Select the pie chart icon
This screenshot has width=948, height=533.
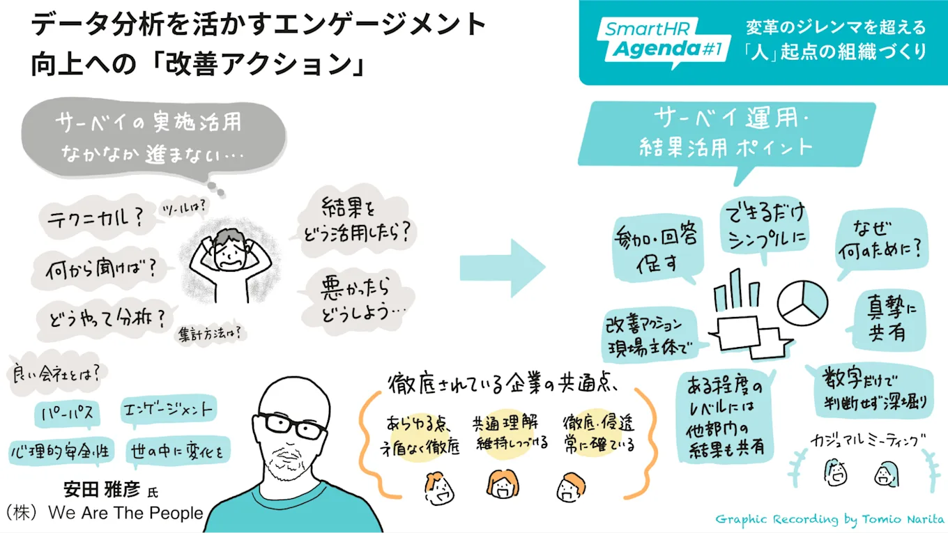coord(802,302)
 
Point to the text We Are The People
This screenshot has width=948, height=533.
coord(125,513)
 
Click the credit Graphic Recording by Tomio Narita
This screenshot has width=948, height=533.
coord(829,520)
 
